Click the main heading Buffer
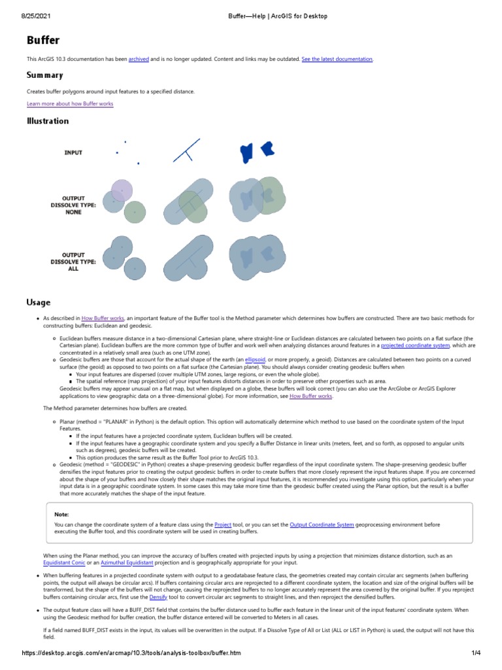(43, 40)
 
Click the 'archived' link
(139, 59)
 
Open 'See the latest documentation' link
(337, 59)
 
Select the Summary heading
(44, 75)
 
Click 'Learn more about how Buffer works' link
(70, 104)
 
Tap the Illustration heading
(48, 121)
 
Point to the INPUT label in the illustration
(73, 152)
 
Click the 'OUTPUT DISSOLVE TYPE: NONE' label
(73, 205)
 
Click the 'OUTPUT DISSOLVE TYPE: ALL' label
(73, 262)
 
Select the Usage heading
(39, 302)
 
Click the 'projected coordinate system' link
(415, 345)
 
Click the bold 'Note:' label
(61, 514)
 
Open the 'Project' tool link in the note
(223, 525)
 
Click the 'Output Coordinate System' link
(322, 525)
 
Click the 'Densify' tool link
(158, 597)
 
